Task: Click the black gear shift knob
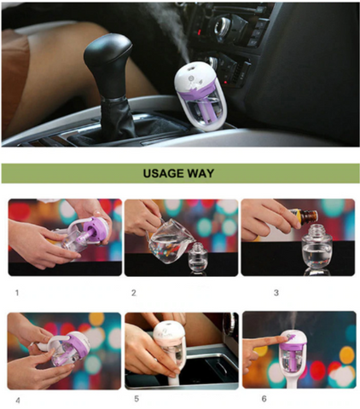pos(107,65)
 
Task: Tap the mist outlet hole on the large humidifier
pos(191,66)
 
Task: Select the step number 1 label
pos(17,292)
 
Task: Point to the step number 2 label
pos(134,293)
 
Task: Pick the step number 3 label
pos(276,293)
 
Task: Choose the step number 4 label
pos(18,400)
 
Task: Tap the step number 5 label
pos(136,399)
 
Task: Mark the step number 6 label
pos(264,399)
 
